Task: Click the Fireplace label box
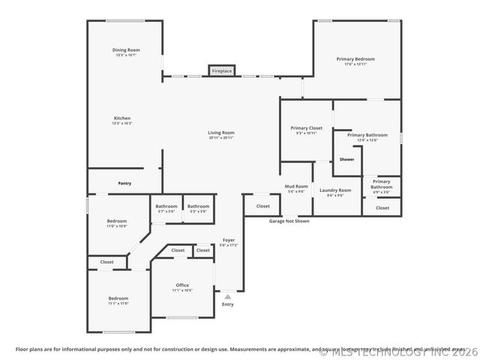[222, 70]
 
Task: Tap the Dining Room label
[126, 50]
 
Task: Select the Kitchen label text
[122, 118]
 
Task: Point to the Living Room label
[221, 133]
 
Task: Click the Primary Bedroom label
[355, 58]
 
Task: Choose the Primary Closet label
[306, 128]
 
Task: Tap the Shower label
[346, 159]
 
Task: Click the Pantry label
[124, 183]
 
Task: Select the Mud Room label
[296, 186]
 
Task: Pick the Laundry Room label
[335, 190]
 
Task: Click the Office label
[182, 285]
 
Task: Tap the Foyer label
[228, 241]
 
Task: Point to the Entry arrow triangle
[228, 297]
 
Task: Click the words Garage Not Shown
[289, 221]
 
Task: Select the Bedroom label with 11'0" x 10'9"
[116, 220]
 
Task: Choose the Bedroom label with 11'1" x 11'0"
[118, 298]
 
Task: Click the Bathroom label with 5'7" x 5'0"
[166, 206]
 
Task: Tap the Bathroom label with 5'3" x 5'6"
[198, 206]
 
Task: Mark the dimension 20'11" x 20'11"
[221, 138]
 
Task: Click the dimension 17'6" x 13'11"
[355, 64]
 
